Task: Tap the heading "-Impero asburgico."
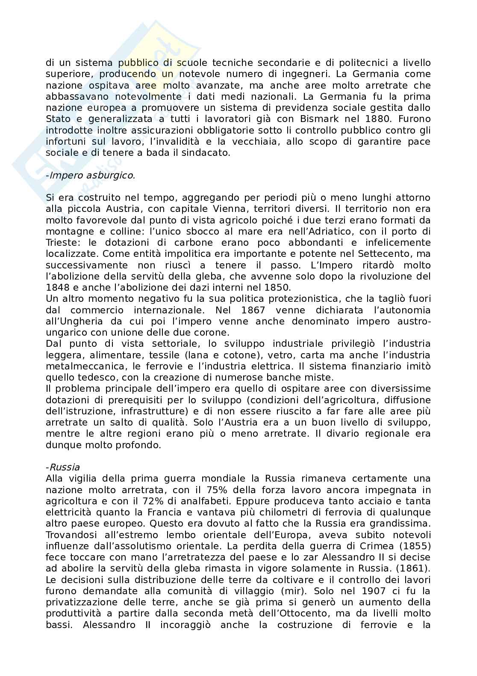tap(90, 175)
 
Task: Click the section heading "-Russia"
tap(62, 467)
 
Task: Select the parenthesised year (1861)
tap(413, 569)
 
